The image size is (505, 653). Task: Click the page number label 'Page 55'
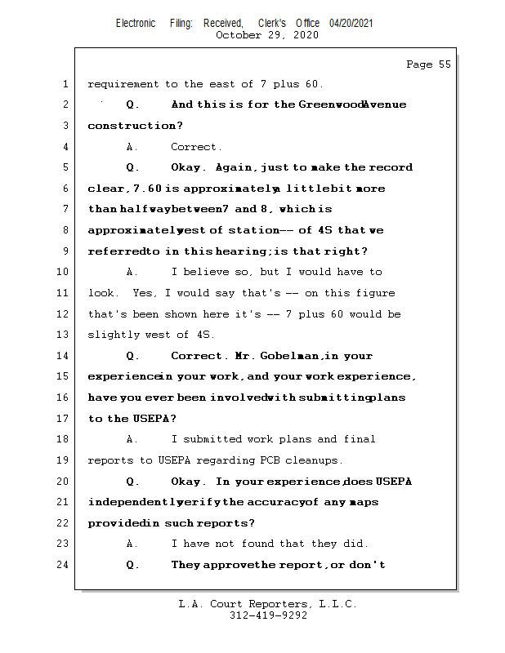pos(428,64)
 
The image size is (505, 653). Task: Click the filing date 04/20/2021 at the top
pos(351,23)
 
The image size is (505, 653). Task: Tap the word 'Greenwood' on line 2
pos(329,104)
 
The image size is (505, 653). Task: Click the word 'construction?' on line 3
pos(135,126)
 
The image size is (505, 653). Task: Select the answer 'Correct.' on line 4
pos(196,147)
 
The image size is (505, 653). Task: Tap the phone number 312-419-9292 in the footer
pos(268,615)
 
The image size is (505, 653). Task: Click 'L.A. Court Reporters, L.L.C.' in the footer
pos(268,604)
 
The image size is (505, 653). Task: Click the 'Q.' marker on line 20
pos(133,482)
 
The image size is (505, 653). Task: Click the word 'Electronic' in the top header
pos(136,23)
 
